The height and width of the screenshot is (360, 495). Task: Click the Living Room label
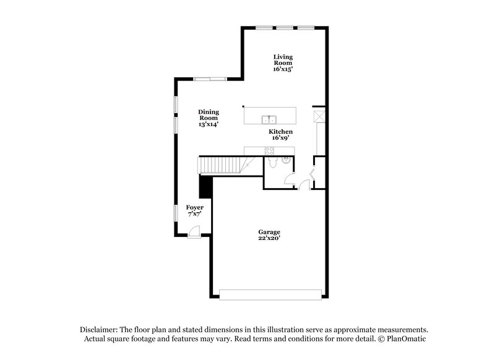point(283,60)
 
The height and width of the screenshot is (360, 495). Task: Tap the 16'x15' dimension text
point(283,70)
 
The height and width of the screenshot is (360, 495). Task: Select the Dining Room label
point(209,114)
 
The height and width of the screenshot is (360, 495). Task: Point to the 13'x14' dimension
point(209,124)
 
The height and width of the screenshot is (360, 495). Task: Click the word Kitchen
point(280,132)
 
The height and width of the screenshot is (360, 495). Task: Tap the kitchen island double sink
point(269,119)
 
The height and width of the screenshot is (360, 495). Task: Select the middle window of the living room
point(285,27)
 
